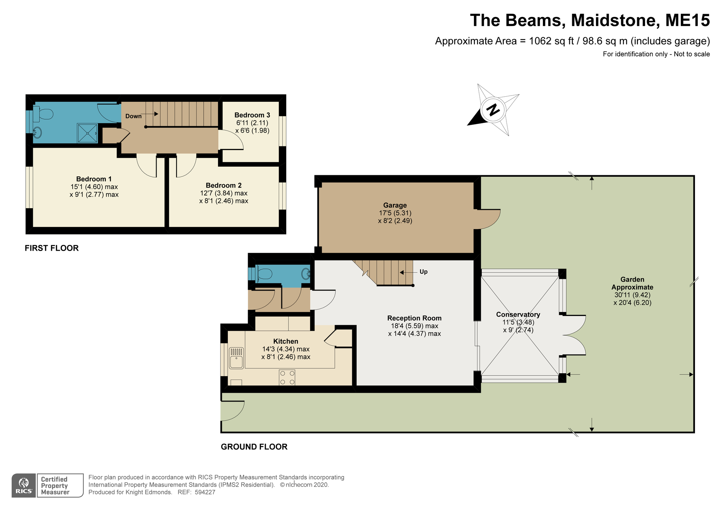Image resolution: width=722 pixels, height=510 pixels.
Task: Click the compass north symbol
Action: pyautogui.click(x=493, y=110)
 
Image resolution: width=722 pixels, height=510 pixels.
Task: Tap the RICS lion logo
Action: pyautogui.click(x=24, y=485)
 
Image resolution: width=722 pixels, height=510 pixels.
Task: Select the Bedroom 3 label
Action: pyautogui.click(x=252, y=115)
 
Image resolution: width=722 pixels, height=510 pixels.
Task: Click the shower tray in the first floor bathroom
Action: pyautogui.click(x=87, y=133)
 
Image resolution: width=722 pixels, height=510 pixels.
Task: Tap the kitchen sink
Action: pyautogui.click(x=237, y=358)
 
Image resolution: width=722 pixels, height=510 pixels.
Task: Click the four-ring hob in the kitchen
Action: pyautogui.click(x=287, y=377)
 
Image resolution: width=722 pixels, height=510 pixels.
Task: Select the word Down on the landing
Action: pyautogui.click(x=134, y=116)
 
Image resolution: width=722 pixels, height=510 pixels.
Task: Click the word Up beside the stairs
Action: pyautogui.click(x=423, y=272)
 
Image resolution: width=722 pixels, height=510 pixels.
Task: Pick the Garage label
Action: pyautogui.click(x=395, y=205)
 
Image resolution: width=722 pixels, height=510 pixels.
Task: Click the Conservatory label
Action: pyautogui.click(x=518, y=315)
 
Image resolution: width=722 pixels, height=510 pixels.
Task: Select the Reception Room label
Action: pyautogui.click(x=414, y=318)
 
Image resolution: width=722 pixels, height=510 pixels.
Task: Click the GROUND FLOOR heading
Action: pyautogui.click(x=254, y=447)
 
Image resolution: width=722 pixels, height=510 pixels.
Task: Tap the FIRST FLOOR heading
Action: pyautogui.click(x=52, y=248)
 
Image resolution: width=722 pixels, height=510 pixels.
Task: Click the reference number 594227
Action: pyautogui.click(x=205, y=492)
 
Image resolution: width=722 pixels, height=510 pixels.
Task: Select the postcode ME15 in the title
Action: pyautogui.click(x=688, y=20)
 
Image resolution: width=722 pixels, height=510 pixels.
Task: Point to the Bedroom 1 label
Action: pyautogui.click(x=94, y=179)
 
